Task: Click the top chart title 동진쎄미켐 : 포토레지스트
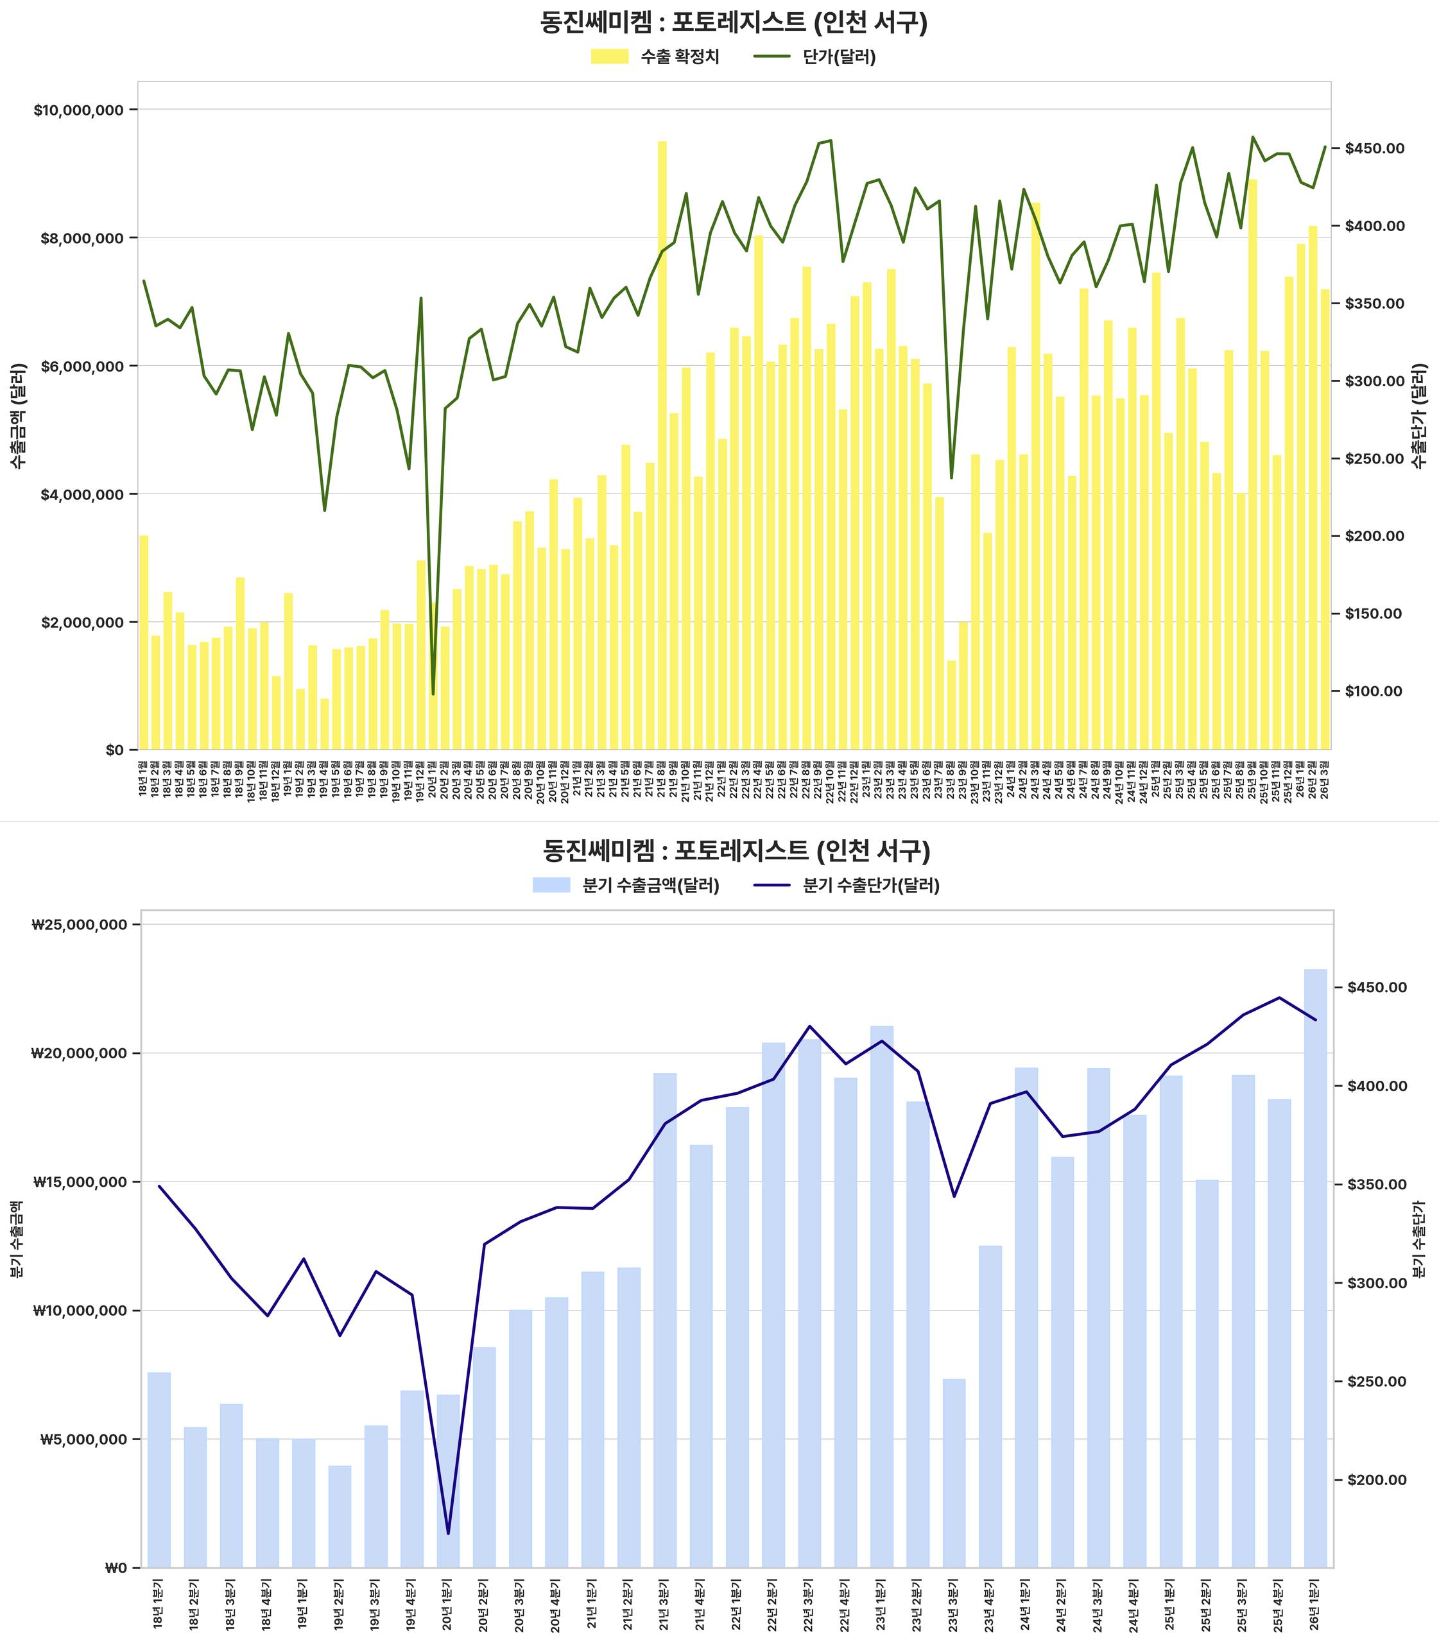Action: (733, 22)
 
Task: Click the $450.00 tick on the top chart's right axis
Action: (1375, 148)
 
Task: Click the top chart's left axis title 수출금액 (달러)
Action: (18, 416)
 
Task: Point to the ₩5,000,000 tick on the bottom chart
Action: (83, 1440)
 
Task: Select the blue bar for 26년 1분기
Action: (1314, 1269)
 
